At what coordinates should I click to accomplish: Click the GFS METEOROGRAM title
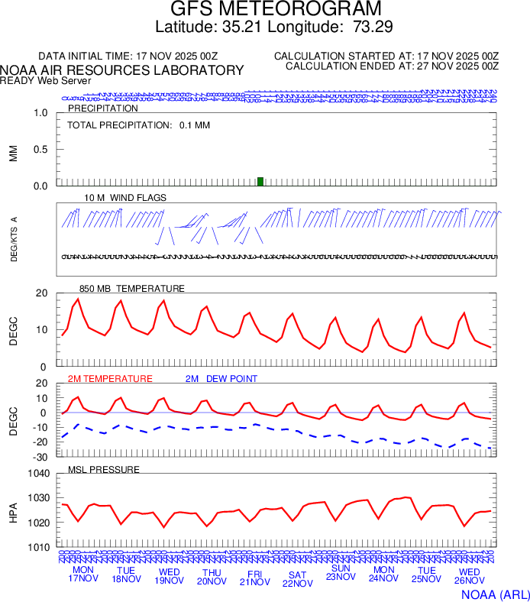pyautogui.click(x=275, y=9)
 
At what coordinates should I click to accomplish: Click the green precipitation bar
pyautogui.click(x=260, y=181)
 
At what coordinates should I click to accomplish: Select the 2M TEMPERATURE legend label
pyautogui.click(x=110, y=378)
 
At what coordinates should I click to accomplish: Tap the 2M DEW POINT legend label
pyautogui.click(x=221, y=378)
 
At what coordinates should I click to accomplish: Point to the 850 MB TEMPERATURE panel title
pyautogui.click(x=131, y=288)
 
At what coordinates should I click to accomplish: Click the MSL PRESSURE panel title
pyautogui.click(x=104, y=469)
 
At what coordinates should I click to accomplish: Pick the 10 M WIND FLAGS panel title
pyautogui.click(x=125, y=197)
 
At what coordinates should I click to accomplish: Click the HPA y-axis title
pyautogui.click(x=13, y=510)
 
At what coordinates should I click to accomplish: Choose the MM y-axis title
pyautogui.click(x=13, y=153)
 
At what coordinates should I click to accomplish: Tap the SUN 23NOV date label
pyautogui.click(x=341, y=572)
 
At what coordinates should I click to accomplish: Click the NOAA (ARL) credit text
pyautogui.click(x=494, y=593)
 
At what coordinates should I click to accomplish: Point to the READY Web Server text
pyautogui.click(x=46, y=80)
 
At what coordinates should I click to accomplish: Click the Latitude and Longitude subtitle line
pyautogui.click(x=273, y=28)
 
